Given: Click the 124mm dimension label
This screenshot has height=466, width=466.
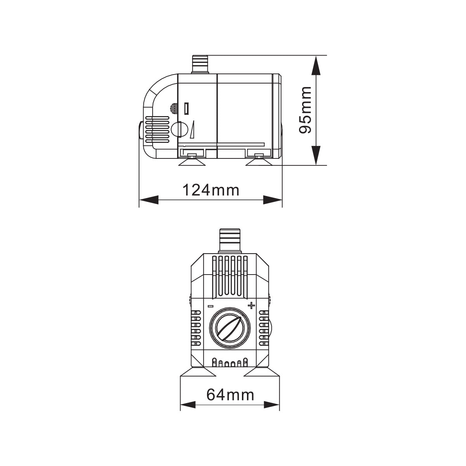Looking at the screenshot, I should [210, 190].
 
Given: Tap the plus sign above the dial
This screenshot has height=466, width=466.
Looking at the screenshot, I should [251, 305].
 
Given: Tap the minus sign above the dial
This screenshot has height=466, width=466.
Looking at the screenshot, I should [210, 306].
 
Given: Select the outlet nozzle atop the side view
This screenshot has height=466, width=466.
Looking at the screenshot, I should [200, 64].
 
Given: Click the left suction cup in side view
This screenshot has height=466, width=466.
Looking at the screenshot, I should [191, 160].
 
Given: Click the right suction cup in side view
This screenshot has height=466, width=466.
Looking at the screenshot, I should [258, 160].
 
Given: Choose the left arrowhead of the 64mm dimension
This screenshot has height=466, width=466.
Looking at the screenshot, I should [188, 405].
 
